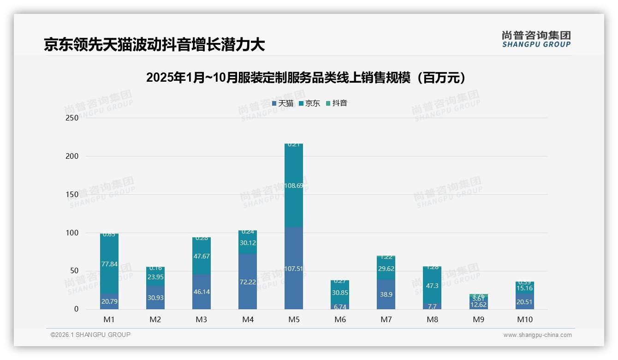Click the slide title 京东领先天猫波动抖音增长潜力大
point(154,45)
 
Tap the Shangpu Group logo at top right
point(536,39)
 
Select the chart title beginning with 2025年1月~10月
point(308,78)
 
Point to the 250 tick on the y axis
point(72,118)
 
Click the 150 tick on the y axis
point(72,194)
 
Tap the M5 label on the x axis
point(294,319)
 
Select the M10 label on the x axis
point(524,319)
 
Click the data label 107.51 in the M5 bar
point(294,269)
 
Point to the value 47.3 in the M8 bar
point(432,286)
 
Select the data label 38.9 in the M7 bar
point(386,294)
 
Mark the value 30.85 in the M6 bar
point(340,292)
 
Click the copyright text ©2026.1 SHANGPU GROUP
point(90,335)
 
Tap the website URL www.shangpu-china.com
point(537,335)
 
